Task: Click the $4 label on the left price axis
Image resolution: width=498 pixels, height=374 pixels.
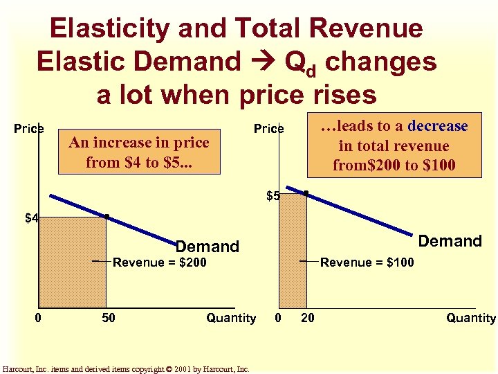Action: tap(32, 219)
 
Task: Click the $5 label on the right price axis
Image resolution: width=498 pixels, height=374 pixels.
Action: tap(273, 196)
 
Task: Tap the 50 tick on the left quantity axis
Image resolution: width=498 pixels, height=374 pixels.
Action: tap(109, 318)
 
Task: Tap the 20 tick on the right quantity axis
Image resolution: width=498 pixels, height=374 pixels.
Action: tap(308, 318)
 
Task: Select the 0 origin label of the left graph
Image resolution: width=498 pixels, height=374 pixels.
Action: tap(39, 318)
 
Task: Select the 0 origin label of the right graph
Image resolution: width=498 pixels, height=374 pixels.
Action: tap(278, 318)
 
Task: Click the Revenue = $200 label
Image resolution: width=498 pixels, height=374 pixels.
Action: tap(160, 262)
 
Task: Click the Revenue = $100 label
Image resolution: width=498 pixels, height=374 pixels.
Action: tap(367, 262)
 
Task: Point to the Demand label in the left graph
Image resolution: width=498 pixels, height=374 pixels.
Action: tap(207, 247)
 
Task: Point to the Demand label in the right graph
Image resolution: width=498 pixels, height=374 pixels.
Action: tap(450, 241)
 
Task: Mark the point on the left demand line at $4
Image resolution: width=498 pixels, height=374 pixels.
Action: tap(106, 217)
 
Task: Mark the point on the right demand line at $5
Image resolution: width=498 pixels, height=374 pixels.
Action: tap(306, 193)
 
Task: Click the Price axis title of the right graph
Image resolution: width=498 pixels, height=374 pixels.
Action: tap(268, 129)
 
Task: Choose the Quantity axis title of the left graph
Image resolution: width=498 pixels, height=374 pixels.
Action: tap(231, 318)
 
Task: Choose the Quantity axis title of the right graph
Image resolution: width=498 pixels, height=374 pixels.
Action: tap(470, 318)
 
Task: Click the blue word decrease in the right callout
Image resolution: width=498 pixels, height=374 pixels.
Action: tap(438, 126)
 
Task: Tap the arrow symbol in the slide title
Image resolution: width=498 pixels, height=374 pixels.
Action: tap(264, 62)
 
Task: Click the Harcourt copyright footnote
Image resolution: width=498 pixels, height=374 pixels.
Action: tap(126, 369)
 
